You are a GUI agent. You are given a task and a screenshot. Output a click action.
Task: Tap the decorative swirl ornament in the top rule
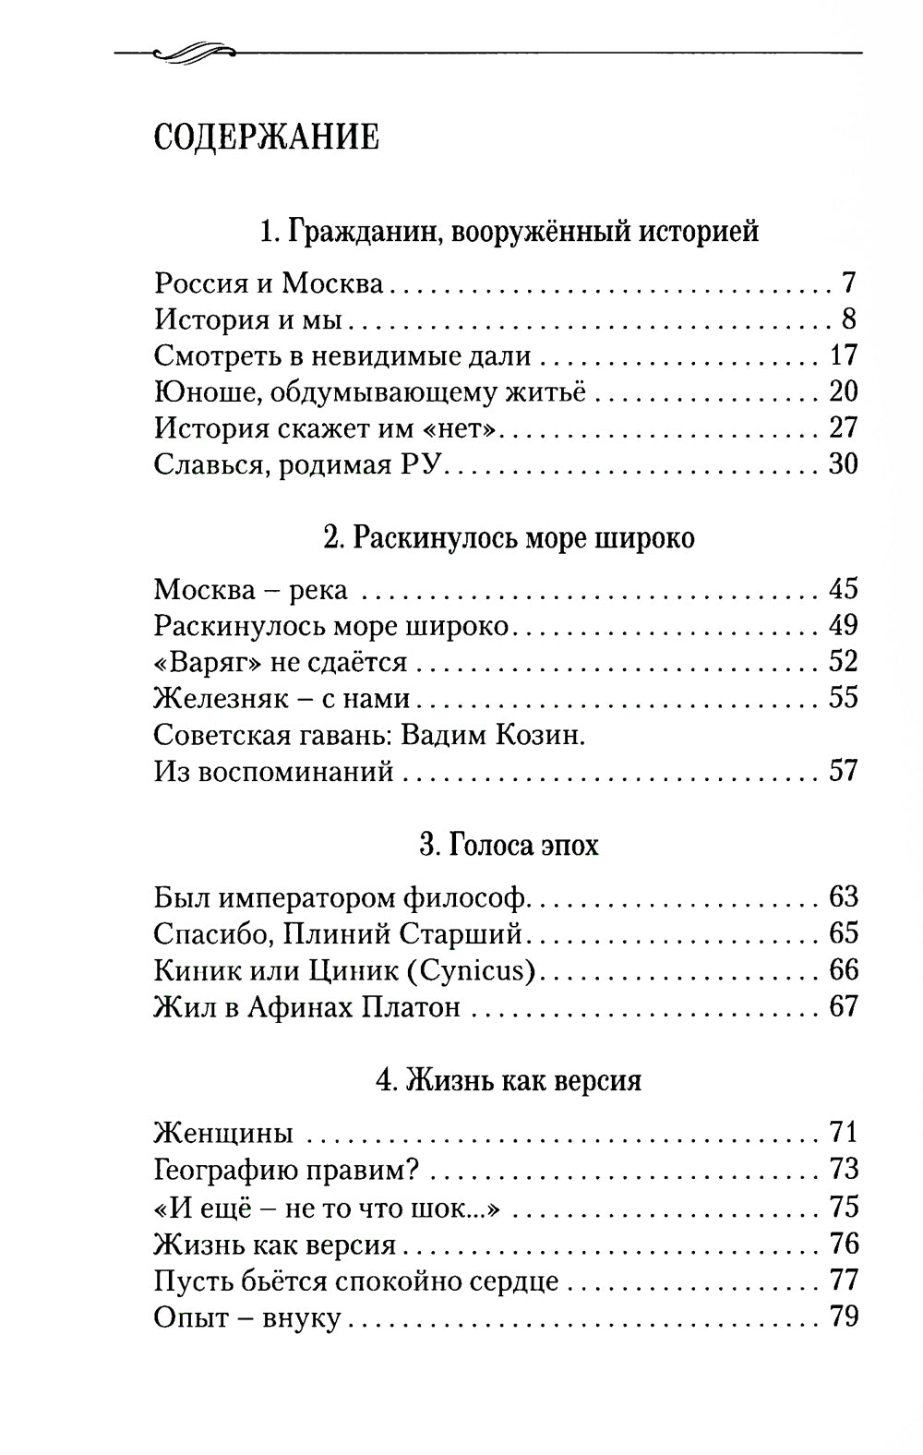point(188,54)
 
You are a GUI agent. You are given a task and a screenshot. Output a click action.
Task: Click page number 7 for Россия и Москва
point(848,283)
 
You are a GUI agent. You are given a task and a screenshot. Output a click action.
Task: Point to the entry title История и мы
point(248,319)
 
